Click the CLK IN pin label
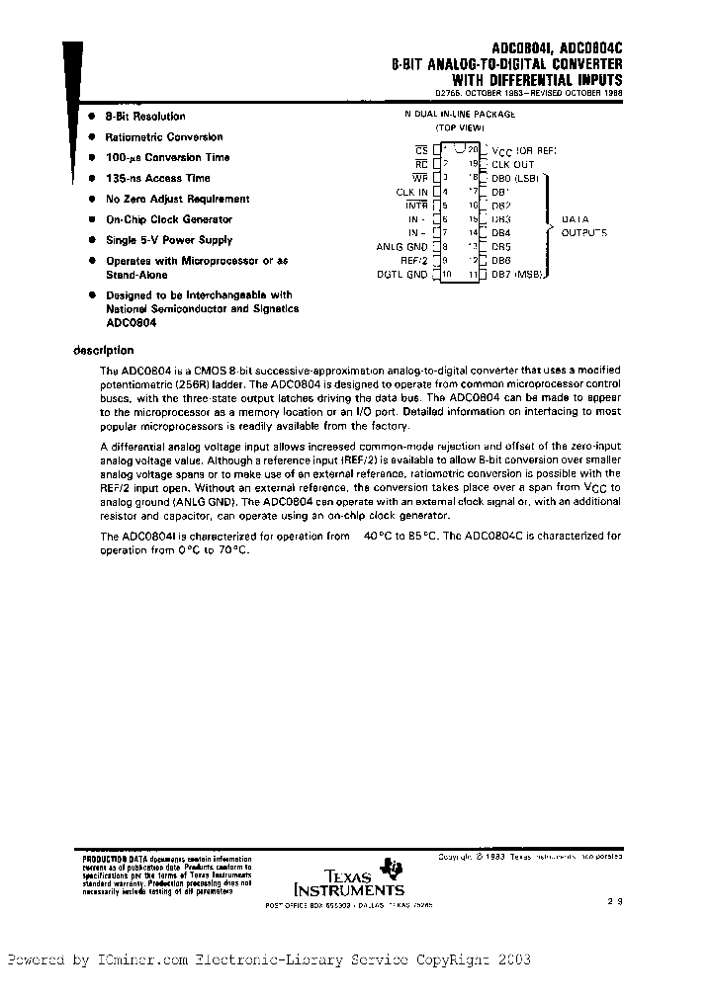(x=411, y=192)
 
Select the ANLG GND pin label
(x=401, y=247)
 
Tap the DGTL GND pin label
(x=401, y=275)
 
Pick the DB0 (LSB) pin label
(x=514, y=178)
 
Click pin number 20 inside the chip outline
(x=474, y=149)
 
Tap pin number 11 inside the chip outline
(x=474, y=275)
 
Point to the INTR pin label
(x=417, y=206)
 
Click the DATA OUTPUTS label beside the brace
(x=583, y=226)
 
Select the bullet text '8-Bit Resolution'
(x=145, y=117)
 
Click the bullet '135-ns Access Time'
(x=157, y=179)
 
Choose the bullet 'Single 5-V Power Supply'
(x=168, y=240)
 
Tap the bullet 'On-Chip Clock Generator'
(x=168, y=219)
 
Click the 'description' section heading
(x=104, y=350)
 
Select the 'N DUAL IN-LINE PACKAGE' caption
(x=459, y=115)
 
